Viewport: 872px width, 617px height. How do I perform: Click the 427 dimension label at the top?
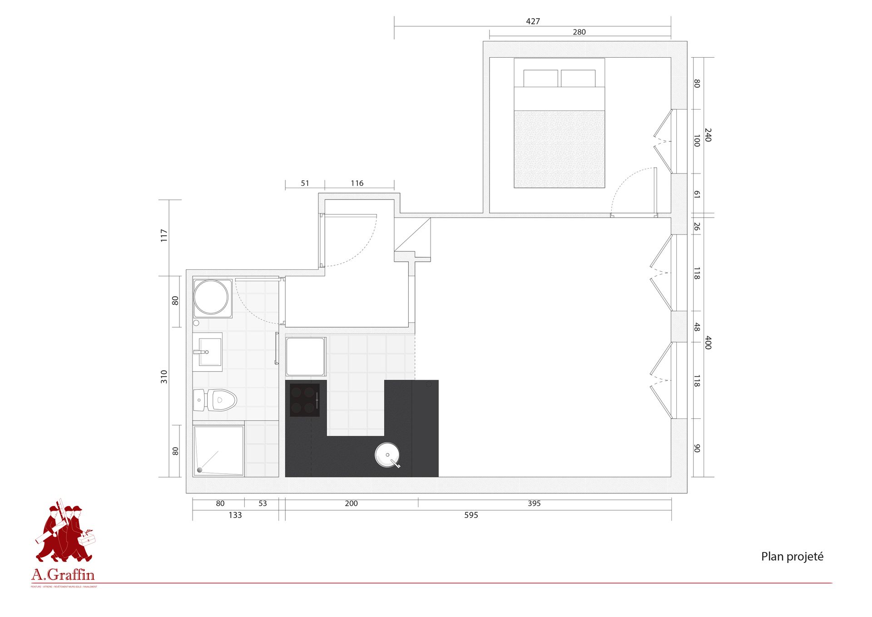533,21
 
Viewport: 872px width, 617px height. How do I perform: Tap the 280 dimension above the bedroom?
579,32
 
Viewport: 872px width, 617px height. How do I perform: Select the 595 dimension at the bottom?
471,515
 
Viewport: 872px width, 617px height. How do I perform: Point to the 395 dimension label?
534,503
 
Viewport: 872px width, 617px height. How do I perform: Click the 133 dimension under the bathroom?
235,515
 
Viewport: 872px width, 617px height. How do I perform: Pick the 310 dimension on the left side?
164,377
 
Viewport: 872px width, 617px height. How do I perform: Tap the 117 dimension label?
164,235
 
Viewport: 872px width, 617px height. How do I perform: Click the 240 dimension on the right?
708,135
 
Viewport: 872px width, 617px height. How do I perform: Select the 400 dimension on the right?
708,343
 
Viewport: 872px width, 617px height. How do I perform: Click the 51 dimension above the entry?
305,184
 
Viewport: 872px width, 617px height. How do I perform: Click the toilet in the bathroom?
221,400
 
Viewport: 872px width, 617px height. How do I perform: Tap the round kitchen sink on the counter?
387,455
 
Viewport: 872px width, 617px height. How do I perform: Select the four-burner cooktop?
305,400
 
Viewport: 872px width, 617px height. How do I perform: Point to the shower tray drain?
199,470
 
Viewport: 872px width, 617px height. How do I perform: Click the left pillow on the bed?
540,78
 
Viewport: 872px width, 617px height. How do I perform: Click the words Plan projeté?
792,557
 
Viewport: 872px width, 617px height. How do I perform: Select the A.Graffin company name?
63,575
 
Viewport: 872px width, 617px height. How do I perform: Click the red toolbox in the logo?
88,539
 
